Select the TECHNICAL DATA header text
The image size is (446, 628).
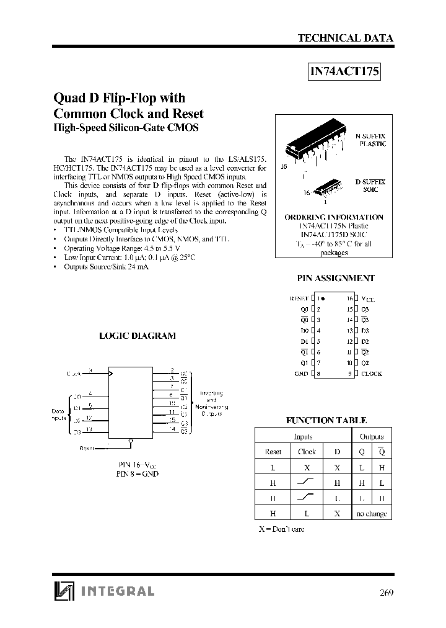[346, 38]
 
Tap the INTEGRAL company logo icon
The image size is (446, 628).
[63, 591]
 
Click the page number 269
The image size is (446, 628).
[386, 591]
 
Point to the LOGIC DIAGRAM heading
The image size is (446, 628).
[138, 336]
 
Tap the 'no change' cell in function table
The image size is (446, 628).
[372, 513]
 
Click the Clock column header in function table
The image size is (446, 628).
[307, 452]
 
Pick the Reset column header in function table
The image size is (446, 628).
[273, 452]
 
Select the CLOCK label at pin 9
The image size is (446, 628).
[372, 374]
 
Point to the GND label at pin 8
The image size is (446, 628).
[301, 374]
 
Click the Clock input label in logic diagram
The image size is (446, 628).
[74, 374]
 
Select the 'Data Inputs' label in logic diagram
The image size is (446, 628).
[59, 414]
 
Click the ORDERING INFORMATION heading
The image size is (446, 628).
[333, 217]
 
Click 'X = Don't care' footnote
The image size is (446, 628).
[281, 529]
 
